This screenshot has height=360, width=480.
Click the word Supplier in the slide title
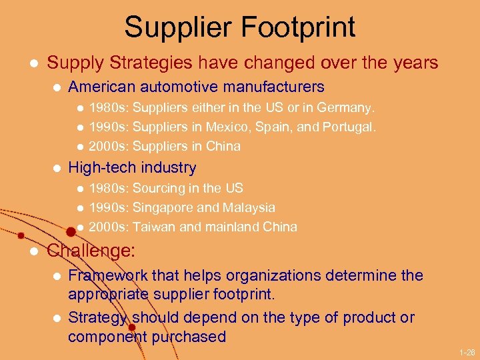176,27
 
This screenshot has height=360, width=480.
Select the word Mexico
225,127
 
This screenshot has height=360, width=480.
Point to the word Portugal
350,127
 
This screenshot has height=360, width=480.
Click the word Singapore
164,208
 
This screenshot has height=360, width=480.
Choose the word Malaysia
248,208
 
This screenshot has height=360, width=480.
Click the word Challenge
91,251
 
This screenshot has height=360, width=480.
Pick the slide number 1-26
467,351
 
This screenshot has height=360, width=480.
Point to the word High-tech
98,167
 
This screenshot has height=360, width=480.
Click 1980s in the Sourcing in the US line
107,189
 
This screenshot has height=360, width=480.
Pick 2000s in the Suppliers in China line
107,146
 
